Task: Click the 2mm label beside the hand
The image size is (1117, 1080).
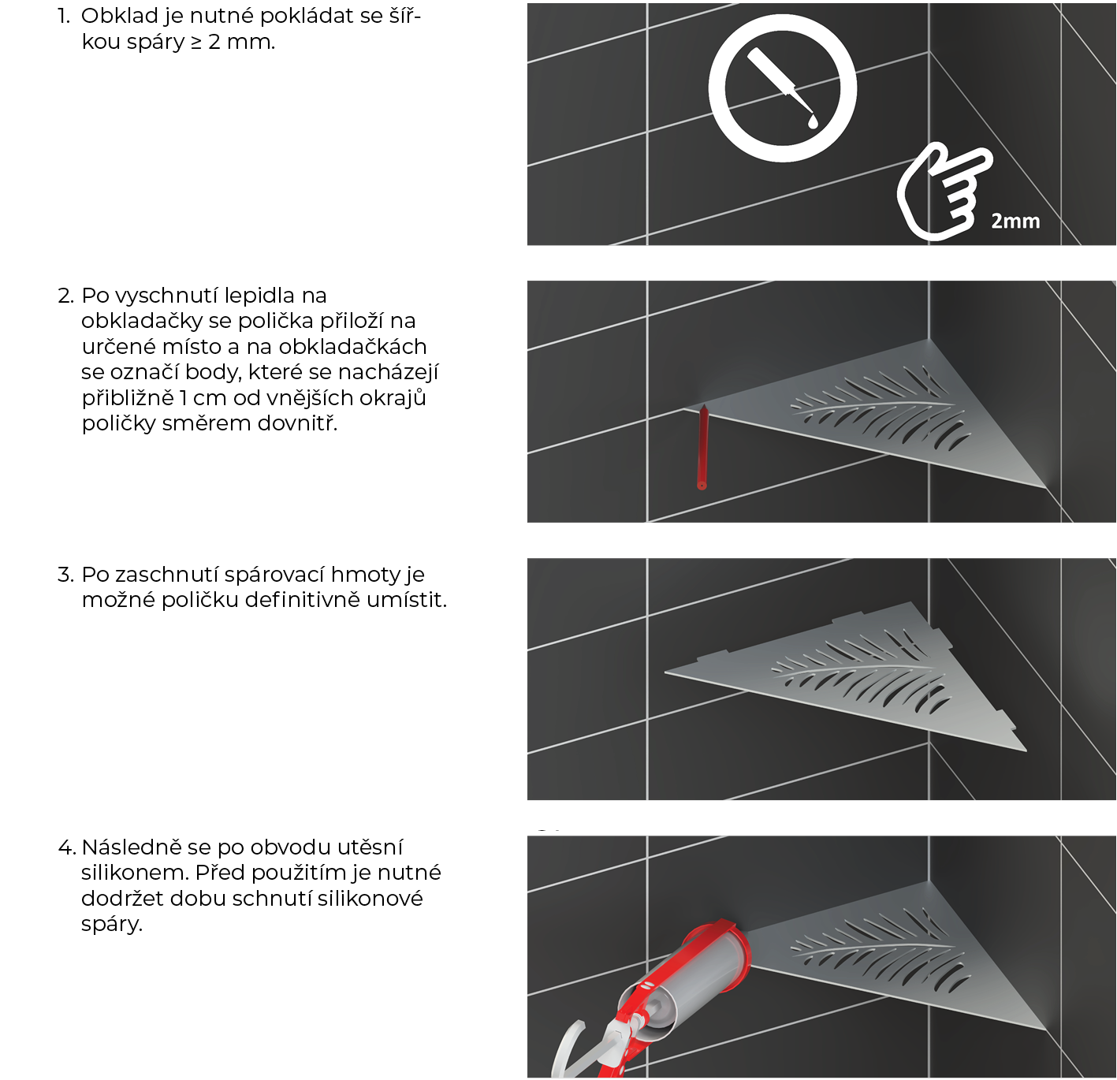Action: point(1015,221)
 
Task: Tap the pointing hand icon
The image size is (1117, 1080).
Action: point(941,192)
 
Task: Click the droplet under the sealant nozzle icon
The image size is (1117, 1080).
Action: point(812,121)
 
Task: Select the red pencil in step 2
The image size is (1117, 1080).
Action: point(702,447)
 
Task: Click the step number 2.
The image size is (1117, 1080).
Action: point(66,296)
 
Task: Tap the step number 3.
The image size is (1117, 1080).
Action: point(66,575)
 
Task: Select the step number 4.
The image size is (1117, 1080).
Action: point(66,847)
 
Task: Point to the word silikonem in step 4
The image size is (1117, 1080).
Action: point(134,873)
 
